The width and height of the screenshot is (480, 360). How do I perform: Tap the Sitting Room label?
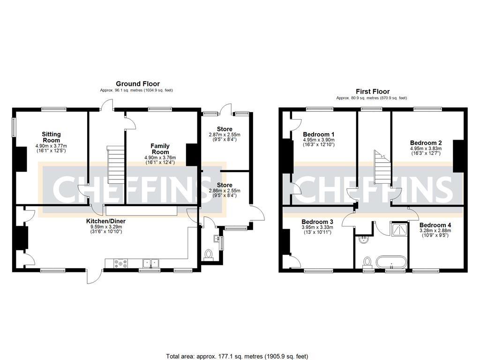[51, 137]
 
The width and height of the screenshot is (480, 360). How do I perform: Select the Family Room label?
[160, 149]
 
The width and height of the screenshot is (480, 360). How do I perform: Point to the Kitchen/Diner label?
[105, 221]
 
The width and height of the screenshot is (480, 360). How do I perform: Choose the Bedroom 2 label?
[426, 143]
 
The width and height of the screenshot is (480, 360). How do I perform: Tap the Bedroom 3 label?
[317, 222]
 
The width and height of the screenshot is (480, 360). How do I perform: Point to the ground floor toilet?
[209, 255]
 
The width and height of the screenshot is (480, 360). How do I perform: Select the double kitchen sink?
[151, 262]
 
